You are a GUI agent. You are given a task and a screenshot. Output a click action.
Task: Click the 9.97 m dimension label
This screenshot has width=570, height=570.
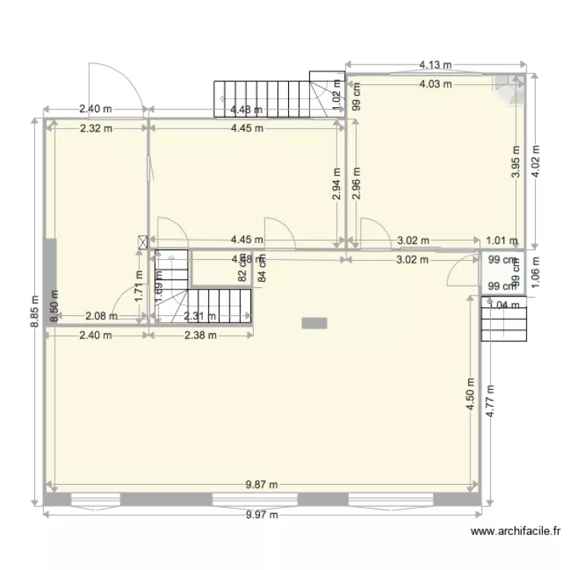[262, 515]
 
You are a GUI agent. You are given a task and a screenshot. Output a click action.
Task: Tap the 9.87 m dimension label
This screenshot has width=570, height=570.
[262, 485]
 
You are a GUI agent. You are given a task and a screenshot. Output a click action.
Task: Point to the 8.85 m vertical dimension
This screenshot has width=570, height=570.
[33, 312]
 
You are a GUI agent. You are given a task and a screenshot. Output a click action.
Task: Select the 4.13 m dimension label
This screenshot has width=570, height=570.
[435, 66]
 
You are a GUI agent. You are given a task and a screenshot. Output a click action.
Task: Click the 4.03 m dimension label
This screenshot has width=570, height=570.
[435, 84]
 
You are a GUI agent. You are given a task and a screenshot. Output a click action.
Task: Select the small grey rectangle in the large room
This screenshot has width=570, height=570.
[314, 323]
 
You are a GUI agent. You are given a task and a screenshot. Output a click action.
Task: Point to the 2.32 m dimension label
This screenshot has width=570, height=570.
[96, 128]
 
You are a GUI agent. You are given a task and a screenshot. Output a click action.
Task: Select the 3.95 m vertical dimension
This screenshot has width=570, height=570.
[516, 163]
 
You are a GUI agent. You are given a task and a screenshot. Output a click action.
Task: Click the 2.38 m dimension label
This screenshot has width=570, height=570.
[201, 334]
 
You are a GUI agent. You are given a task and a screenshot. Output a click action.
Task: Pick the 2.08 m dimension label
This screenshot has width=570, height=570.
[101, 316]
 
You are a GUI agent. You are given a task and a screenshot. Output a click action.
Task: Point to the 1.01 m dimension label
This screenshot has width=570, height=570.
[502, 241]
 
